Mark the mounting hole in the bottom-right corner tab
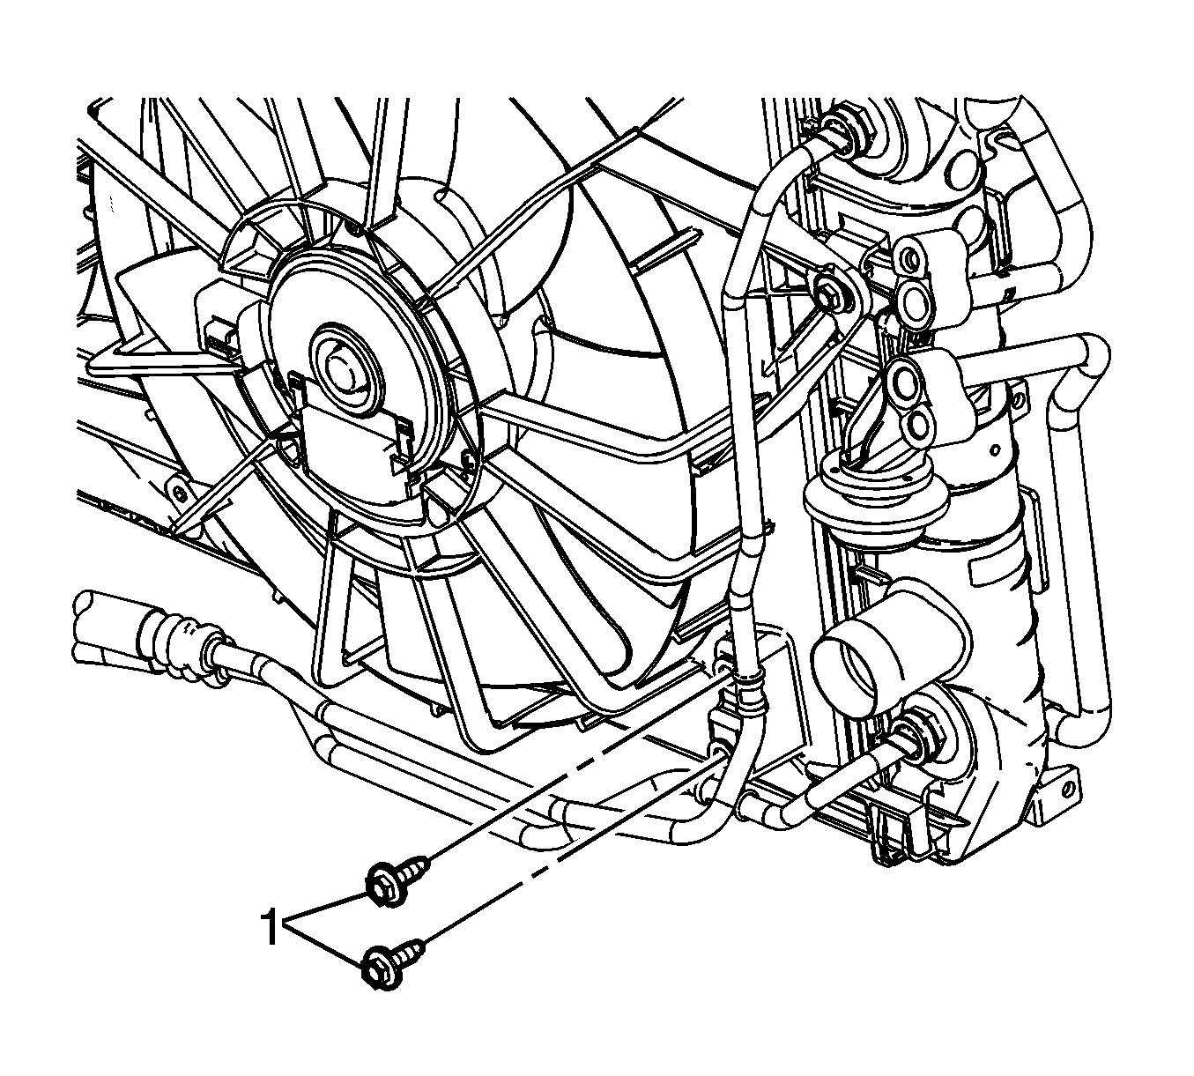(1072, 790)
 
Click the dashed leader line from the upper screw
(577, 768)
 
